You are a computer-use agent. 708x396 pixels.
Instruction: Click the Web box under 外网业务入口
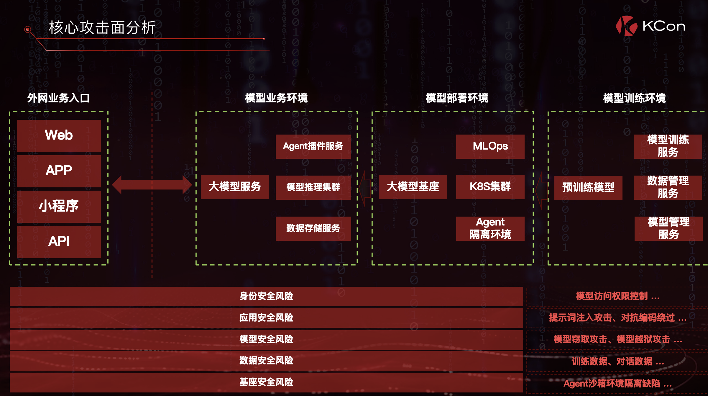59,135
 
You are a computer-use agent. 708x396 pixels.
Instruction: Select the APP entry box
59,171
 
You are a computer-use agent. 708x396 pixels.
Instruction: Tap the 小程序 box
59,206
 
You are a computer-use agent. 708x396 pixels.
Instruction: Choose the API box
59,242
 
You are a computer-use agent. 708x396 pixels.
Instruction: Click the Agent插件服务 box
313,146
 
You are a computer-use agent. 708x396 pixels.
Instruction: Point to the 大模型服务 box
235,187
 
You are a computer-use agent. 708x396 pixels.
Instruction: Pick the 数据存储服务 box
313,228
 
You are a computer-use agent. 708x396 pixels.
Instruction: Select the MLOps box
490,146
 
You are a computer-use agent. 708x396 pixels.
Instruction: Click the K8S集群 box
490,187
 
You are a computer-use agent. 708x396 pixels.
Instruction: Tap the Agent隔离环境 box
490,228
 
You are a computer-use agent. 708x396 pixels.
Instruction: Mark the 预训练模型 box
588,188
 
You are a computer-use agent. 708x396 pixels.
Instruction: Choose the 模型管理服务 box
668,228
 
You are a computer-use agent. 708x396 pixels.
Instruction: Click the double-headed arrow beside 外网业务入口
152,185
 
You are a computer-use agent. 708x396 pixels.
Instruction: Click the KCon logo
650,26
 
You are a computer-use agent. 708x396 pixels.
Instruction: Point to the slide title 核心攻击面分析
102,28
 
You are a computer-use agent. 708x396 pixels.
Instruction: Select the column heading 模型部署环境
457,98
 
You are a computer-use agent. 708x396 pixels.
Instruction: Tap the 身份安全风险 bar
266,296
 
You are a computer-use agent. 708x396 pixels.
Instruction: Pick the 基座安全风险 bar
266,382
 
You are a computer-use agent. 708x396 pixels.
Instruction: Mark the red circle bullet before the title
28,29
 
